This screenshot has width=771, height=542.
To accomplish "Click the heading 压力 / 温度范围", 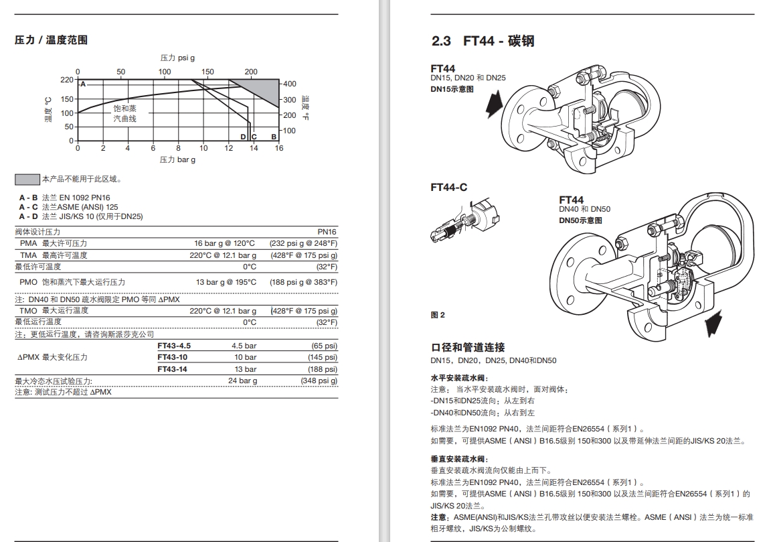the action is pos(51,40).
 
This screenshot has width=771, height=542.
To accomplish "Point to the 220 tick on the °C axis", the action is pos(66,80).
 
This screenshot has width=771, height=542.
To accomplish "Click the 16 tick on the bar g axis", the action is pos(279,148).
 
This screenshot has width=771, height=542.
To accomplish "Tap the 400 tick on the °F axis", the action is pos(290,84).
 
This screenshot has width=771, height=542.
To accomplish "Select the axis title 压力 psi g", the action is pos(177,58).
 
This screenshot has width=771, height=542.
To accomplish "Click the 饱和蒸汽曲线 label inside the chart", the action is pos(125,113).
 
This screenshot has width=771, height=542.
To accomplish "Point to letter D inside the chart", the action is pos(243,137).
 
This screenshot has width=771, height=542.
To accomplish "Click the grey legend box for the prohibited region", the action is pos(27,179).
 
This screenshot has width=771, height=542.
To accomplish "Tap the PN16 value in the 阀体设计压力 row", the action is pos(327,232).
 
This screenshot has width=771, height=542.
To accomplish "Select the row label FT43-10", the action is pos(172,357).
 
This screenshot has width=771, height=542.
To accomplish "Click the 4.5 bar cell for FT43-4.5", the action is pos(244,346).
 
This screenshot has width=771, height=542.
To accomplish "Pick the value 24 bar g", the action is pos(242,381).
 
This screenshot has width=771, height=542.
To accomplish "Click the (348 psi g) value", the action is pos(319,381).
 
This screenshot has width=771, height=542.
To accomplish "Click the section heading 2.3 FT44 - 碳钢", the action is pos(483,41).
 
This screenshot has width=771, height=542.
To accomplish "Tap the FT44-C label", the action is pos(449,187).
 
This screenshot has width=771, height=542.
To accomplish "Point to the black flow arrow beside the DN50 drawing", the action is pos(715,323).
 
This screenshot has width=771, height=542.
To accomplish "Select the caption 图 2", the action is pos(438,315).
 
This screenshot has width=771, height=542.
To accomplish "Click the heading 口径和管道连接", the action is pos(468,348).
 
